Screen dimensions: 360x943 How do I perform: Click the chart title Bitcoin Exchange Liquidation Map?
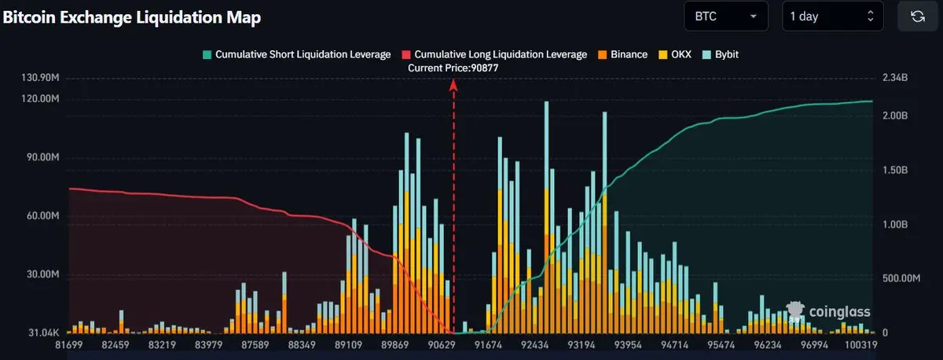tap(132, 17)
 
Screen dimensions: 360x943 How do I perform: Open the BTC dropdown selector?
tap(725, 16)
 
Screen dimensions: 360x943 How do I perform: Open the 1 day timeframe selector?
tap(832, 16)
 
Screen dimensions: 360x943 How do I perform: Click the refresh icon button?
tap(917, 16)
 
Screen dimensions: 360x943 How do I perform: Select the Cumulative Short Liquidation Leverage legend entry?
tap(296, 54)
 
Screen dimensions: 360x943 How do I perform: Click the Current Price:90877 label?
tap(453, 68)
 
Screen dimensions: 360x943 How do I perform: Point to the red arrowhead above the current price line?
tap(453, 85)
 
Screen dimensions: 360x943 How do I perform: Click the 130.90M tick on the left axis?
tap(41, 79)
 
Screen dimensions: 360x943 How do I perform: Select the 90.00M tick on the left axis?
tap(42, 158)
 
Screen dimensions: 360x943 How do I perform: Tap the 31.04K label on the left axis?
tap(43, 333)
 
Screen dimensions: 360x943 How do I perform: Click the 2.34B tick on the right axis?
tap(895, 79)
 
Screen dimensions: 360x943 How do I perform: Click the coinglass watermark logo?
tap(828, 312)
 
